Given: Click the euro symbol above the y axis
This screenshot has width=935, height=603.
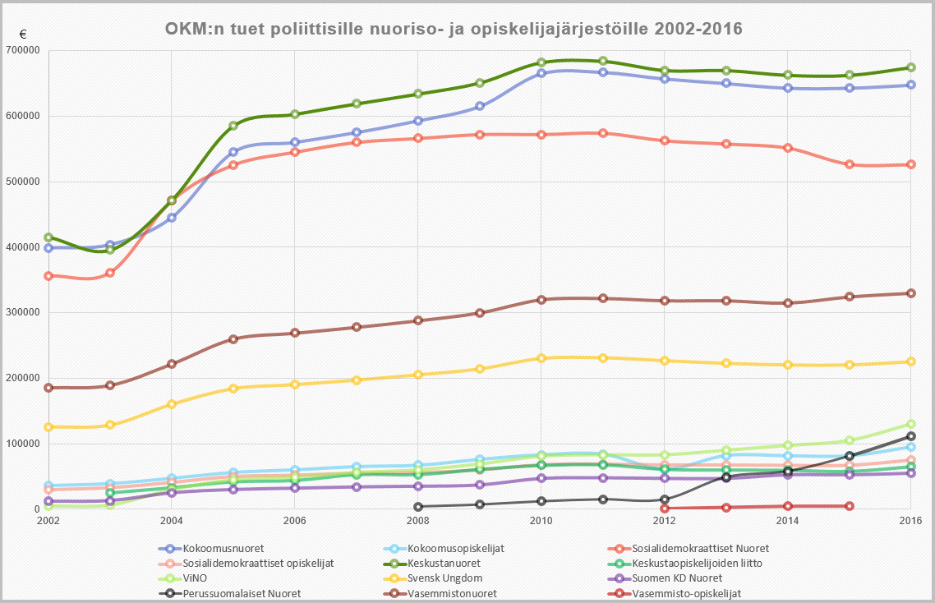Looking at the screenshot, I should point(23,35).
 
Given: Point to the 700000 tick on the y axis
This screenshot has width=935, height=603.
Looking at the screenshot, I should point(24,50).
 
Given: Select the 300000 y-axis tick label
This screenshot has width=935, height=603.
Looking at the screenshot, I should point(24,312).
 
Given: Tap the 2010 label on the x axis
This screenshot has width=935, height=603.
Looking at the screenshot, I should point(541,521).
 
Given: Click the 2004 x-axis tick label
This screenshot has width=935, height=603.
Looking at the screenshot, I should point(171,521).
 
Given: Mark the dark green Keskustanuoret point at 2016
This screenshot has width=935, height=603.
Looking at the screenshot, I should point(910,67).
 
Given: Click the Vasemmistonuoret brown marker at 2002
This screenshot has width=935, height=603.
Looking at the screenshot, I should point(48,388).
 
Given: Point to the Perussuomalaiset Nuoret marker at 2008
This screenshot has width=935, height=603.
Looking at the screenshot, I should point(418,507).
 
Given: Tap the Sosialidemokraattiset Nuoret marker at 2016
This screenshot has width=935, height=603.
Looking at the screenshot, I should point(910,164).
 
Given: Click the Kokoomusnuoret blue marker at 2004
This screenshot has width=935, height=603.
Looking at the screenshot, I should point(172,218).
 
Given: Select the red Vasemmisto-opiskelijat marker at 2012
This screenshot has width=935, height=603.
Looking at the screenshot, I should point(665,509).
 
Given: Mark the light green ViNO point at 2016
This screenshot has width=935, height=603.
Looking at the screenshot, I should point(910,424).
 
